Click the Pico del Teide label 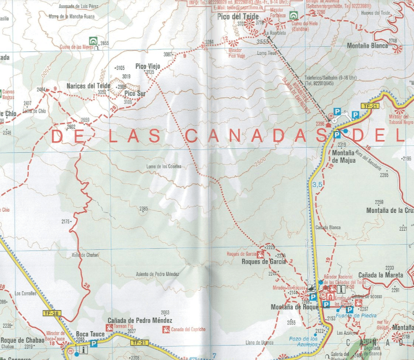click(x=237, y=18)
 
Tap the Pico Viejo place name click(x=147, y=66)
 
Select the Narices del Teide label click(x=88, y=86)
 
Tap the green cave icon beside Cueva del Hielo click(x=294, y=16)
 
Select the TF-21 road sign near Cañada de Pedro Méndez click(x=139, y=343)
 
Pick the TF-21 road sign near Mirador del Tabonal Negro click(x=369, y=106)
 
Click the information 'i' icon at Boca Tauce click(x=84, y=349)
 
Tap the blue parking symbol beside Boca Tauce click(x=93, y=344)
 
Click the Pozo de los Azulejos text click(x=303, y=342)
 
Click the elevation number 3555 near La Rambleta click(x=263, y=42)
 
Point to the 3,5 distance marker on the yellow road click(x=317, y=184)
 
